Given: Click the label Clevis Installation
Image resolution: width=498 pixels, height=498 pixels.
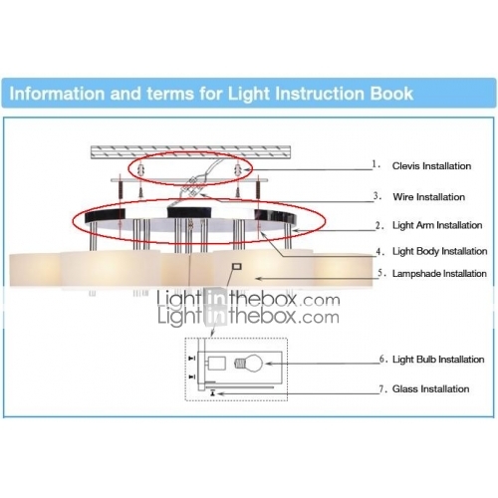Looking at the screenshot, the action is point(431,166).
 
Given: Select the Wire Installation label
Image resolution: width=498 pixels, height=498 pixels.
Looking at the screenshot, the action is point(428,197).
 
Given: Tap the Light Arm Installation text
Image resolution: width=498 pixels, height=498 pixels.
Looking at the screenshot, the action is point(437,225).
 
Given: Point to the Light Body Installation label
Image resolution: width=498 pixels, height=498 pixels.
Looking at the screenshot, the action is point(439,251).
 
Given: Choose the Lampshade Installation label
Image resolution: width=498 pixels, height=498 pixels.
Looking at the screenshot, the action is point(439,274).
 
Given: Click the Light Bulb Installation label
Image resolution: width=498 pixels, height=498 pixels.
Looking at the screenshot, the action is point(438,360).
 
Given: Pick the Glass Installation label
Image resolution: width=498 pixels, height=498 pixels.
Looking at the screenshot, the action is point(430,388).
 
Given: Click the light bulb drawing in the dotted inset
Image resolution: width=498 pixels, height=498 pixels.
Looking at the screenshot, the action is point(249,363).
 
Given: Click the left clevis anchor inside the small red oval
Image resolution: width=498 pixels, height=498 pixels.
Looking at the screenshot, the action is point(140,170).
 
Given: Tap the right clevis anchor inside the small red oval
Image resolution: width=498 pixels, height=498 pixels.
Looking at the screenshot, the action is point(238,170).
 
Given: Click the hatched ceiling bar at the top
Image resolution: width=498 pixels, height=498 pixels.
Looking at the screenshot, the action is point(191,152).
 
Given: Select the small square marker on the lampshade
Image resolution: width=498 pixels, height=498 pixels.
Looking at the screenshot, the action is point(237,266).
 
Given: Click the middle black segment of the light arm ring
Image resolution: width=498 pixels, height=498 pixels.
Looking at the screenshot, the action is point(189,212).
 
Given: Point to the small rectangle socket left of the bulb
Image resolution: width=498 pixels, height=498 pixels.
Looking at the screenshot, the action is point(216,364).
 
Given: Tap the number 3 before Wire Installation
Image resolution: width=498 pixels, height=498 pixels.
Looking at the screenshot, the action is point(376,196).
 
